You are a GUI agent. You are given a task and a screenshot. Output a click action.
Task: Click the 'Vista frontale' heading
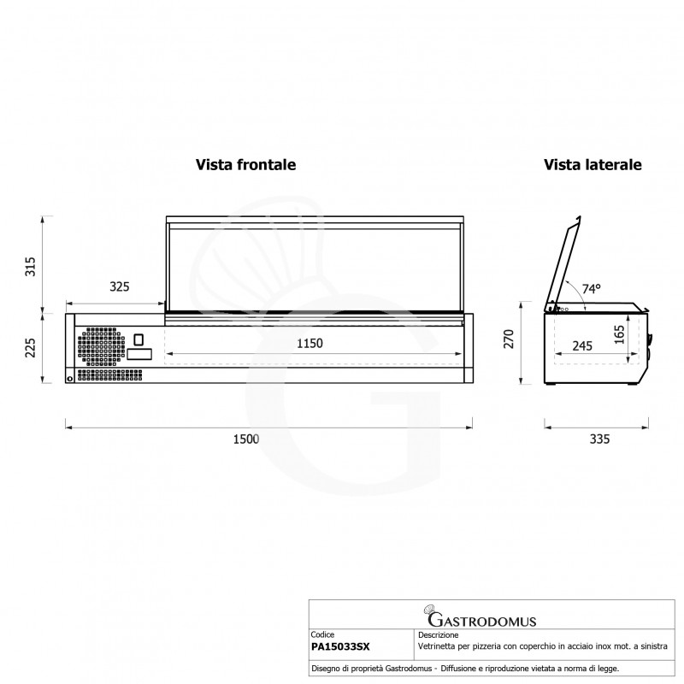click(x=245, y=164)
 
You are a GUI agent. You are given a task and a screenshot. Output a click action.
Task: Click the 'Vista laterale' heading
click(x=593, y=164)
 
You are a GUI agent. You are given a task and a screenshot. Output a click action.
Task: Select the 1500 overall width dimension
click(x=245, y=439)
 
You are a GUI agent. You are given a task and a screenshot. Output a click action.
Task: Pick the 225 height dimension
click(x=30, y=348)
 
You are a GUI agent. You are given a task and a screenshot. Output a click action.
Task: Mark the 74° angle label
click(x=592, y=290)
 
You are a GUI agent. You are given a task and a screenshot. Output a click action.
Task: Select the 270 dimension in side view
click(x=508, y=339)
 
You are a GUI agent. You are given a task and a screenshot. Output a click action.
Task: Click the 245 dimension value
click(x=582, y=346)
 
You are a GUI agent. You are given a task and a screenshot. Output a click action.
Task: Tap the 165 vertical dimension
click(x=619, y=334)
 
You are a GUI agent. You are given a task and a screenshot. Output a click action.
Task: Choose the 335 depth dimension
click(x=599, y=439)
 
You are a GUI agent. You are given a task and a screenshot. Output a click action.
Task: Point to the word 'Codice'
click(x=323, y=636)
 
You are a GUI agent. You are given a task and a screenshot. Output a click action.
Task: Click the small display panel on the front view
click(x=140, y=353)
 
